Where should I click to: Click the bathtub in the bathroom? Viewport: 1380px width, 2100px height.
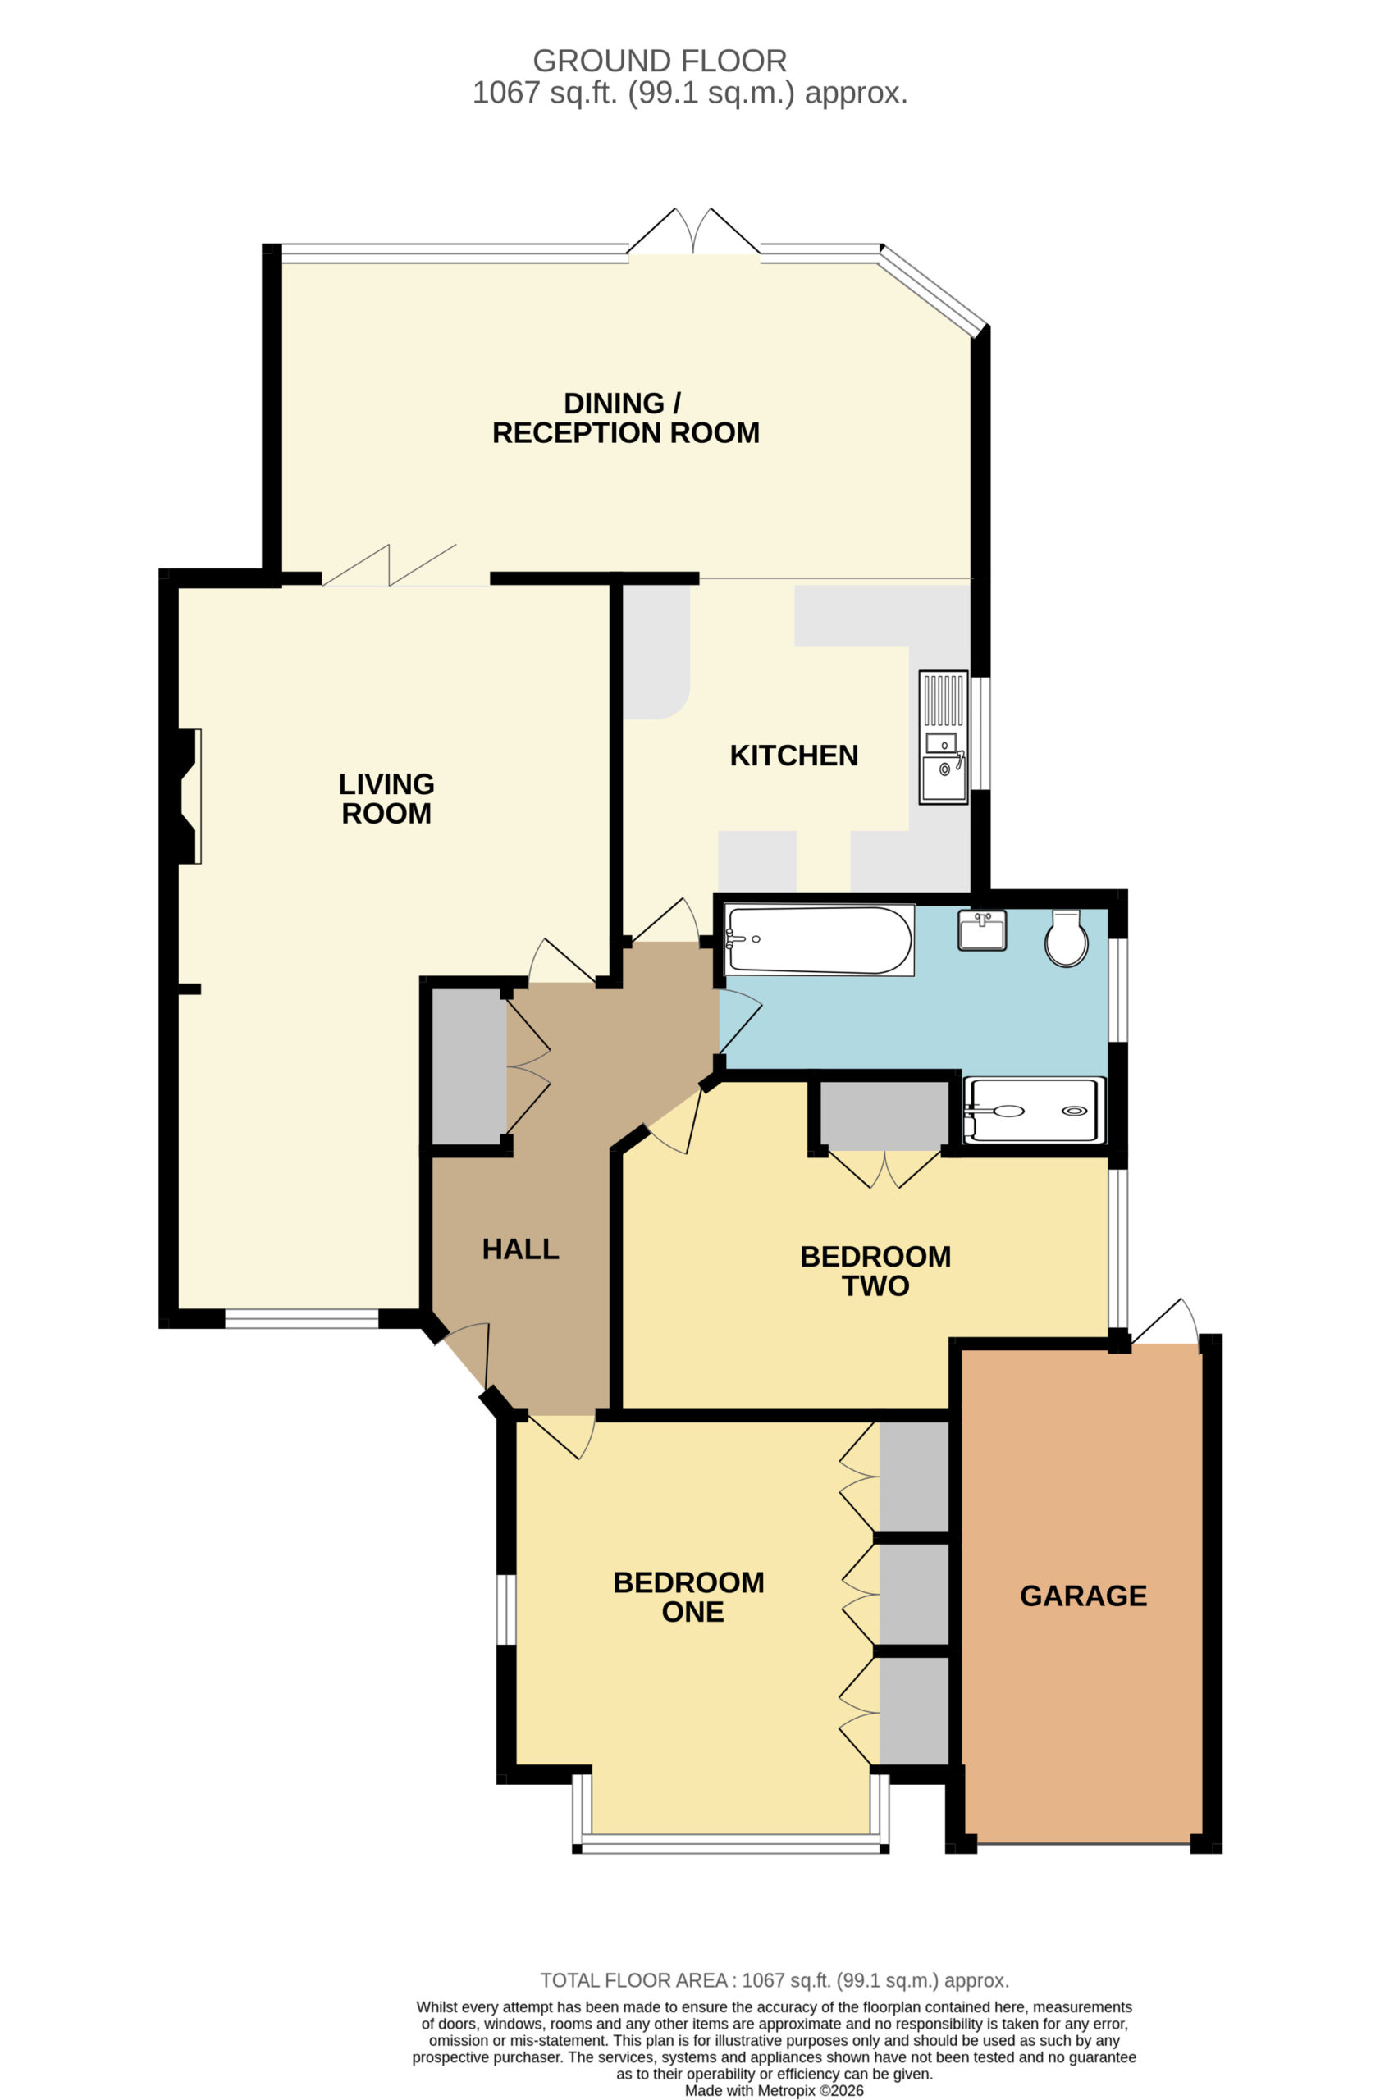[x=818, y=940]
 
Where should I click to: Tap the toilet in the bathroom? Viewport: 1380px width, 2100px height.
[x=1066, y=938]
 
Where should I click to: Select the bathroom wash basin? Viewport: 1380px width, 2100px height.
[x=982, y=930]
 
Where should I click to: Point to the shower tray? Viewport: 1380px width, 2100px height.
[x=1034, y=1110]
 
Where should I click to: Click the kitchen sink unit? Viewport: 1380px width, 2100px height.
[x=944, y=737]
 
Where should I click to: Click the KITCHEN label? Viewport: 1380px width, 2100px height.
[x=794, y=756]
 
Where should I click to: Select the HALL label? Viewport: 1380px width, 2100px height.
[x=521, y=1249]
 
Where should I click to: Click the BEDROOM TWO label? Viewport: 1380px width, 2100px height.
[x=875, y=1271]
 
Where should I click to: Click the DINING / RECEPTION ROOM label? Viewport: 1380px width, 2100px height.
[x=625, y=418]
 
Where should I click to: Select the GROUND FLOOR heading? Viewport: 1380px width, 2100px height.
[x=660, y=61]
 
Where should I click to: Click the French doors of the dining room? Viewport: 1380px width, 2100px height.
[x=693, y=233]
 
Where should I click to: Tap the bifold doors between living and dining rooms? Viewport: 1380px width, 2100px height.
[x=389, y=565]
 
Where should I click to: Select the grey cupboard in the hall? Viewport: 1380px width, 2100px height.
[x=468, y=1066]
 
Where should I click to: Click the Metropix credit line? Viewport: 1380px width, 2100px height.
[x=775, y=2090]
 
